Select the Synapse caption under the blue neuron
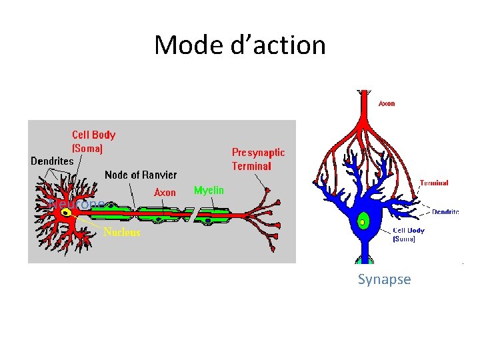(384, 279)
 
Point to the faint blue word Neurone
(76, 203)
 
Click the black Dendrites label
(52, 161)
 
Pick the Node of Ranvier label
(141, 175)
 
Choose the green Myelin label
(209, 191)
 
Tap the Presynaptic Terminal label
(258, 159)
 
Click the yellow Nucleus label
(121, 233)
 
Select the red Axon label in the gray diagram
(165, 193)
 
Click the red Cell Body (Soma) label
(93, 141)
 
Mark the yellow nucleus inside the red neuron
(67, 213)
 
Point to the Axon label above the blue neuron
(387, 103)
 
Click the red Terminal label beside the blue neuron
(433, 183)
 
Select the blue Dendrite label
(445, 212)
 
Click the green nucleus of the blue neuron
(363, 221)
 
